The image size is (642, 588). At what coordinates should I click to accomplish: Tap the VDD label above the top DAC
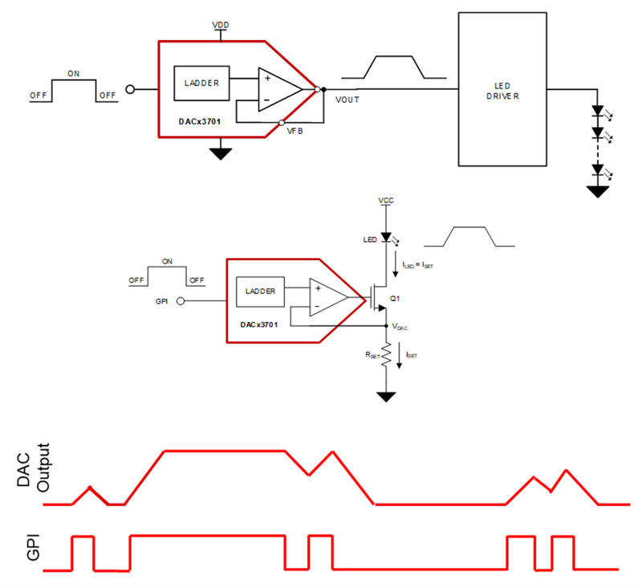220,26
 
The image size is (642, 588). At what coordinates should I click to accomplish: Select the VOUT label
347,100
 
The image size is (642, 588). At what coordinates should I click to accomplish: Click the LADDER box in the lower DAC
260,292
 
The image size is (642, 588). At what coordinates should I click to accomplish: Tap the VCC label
387,199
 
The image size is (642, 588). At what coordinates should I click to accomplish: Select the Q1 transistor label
394,298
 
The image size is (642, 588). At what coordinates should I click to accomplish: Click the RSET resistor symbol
387,353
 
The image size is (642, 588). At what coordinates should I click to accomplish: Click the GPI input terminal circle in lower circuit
181,301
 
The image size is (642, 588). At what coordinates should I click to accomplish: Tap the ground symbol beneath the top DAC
220,153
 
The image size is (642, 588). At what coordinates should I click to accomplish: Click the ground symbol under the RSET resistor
387,396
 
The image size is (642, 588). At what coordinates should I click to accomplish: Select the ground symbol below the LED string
596,190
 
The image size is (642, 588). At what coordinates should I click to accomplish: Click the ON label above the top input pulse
73,74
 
